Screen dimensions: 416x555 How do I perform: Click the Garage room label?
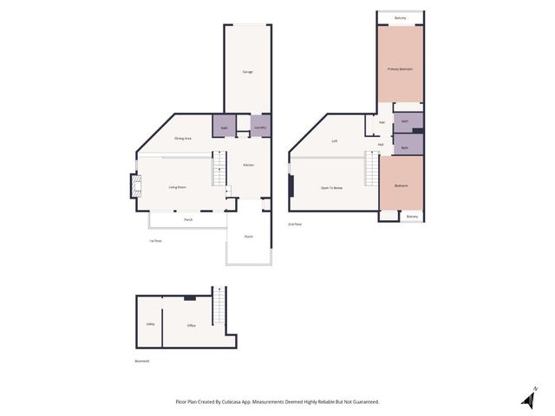[248, 72]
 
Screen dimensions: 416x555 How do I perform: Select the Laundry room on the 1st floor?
[260, 127]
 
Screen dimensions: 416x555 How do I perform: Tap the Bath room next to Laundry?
[224, 127]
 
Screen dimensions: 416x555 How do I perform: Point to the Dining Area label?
[182, 139]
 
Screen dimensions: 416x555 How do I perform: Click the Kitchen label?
[248, 165]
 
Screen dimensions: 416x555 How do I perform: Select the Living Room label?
[178, 187]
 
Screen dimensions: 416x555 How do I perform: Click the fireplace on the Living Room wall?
[134, 186]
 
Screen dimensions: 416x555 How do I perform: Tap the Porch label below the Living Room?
[188, 220]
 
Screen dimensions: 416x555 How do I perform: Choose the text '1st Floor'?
[156, 240]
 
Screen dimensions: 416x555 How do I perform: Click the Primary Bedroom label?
[400, 68]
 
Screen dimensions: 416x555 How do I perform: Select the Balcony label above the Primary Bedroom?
[400, 17]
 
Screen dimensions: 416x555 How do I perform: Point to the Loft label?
[334, 141]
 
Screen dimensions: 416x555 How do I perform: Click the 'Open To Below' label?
[331, 187]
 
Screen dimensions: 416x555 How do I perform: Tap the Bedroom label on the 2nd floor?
[401, 185]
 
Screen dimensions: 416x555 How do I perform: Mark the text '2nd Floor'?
[295, 224]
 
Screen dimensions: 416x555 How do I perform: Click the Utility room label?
[150, 325]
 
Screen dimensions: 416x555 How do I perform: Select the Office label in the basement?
[191, 325]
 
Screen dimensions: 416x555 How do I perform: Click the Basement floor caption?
[142, 361]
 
